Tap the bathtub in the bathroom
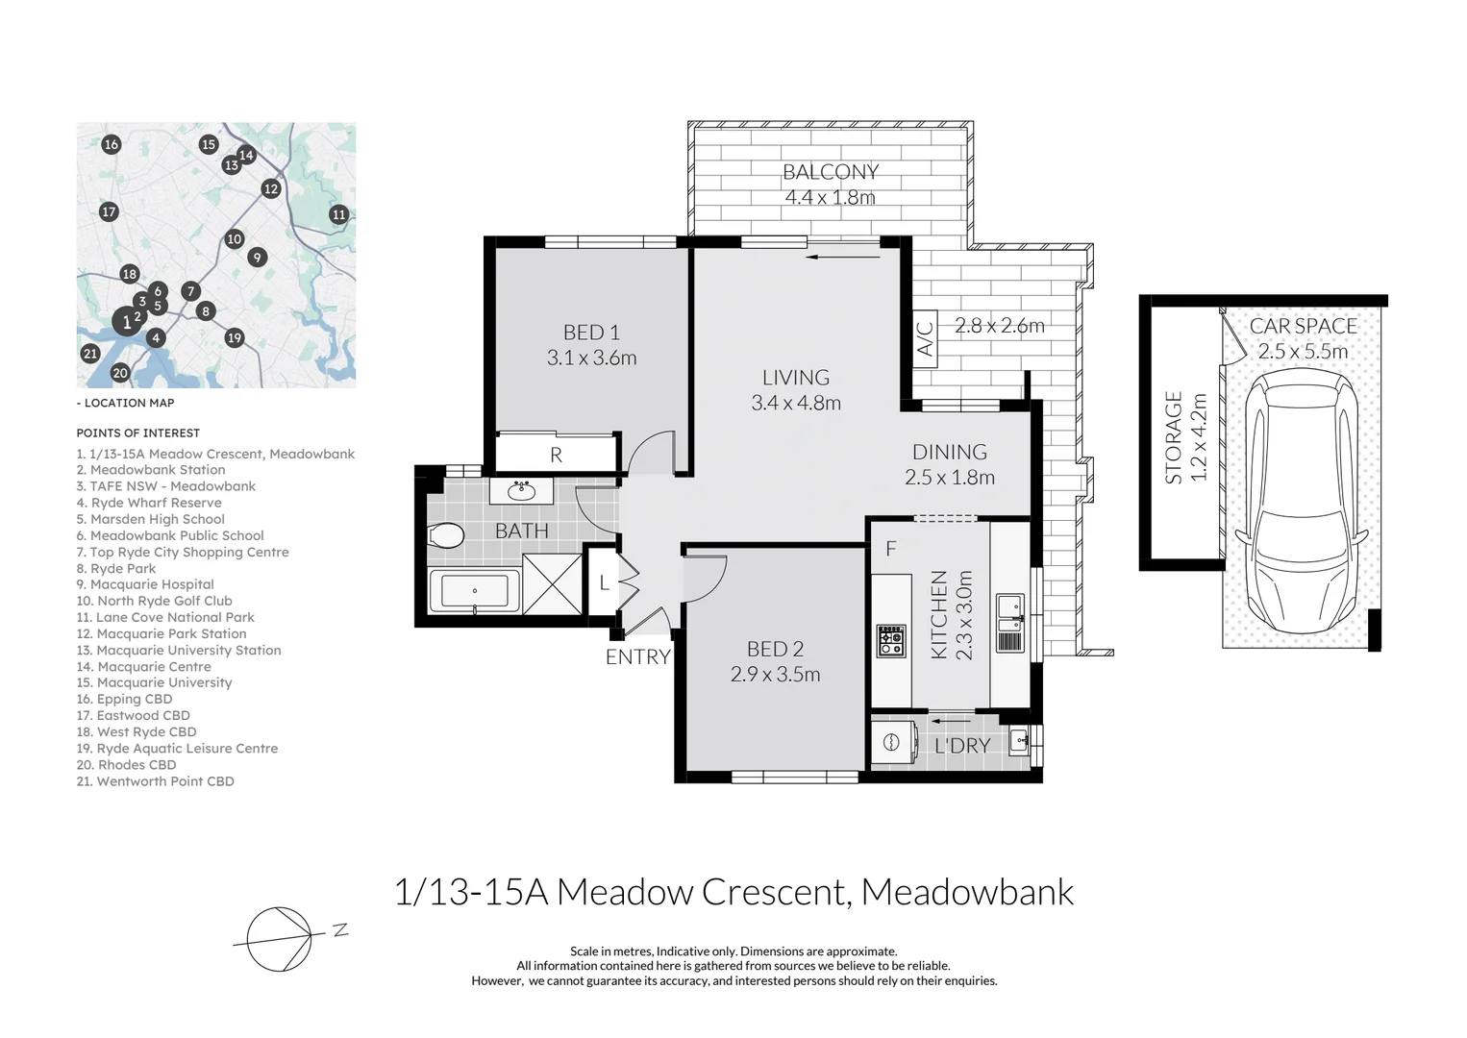click(x=475, y=591)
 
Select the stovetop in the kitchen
click(x=891, y=641)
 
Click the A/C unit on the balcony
click(x=925, y=338)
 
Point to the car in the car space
click(x=1302, y=501)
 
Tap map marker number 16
click(x=112, y=144)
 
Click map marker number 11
click(x=338, y=214)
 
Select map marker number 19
click(x=235, y=338)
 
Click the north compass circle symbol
click(x=279, y=939)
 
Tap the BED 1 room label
click(x=591, y=333)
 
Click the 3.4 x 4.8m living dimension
click(x=796, y=403)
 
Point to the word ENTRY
click(x=638, y=656)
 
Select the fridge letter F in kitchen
click(x=890, y=549)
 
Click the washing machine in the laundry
click(x=890, y=742)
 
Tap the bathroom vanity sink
click(x=521, y=490)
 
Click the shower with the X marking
click(x=552, y=584)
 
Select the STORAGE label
click(x=1173, y=437)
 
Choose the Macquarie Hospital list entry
click(x=145, y=584)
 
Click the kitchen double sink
click(x=1009, y=623)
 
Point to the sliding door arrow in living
click(x=843, y=257)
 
